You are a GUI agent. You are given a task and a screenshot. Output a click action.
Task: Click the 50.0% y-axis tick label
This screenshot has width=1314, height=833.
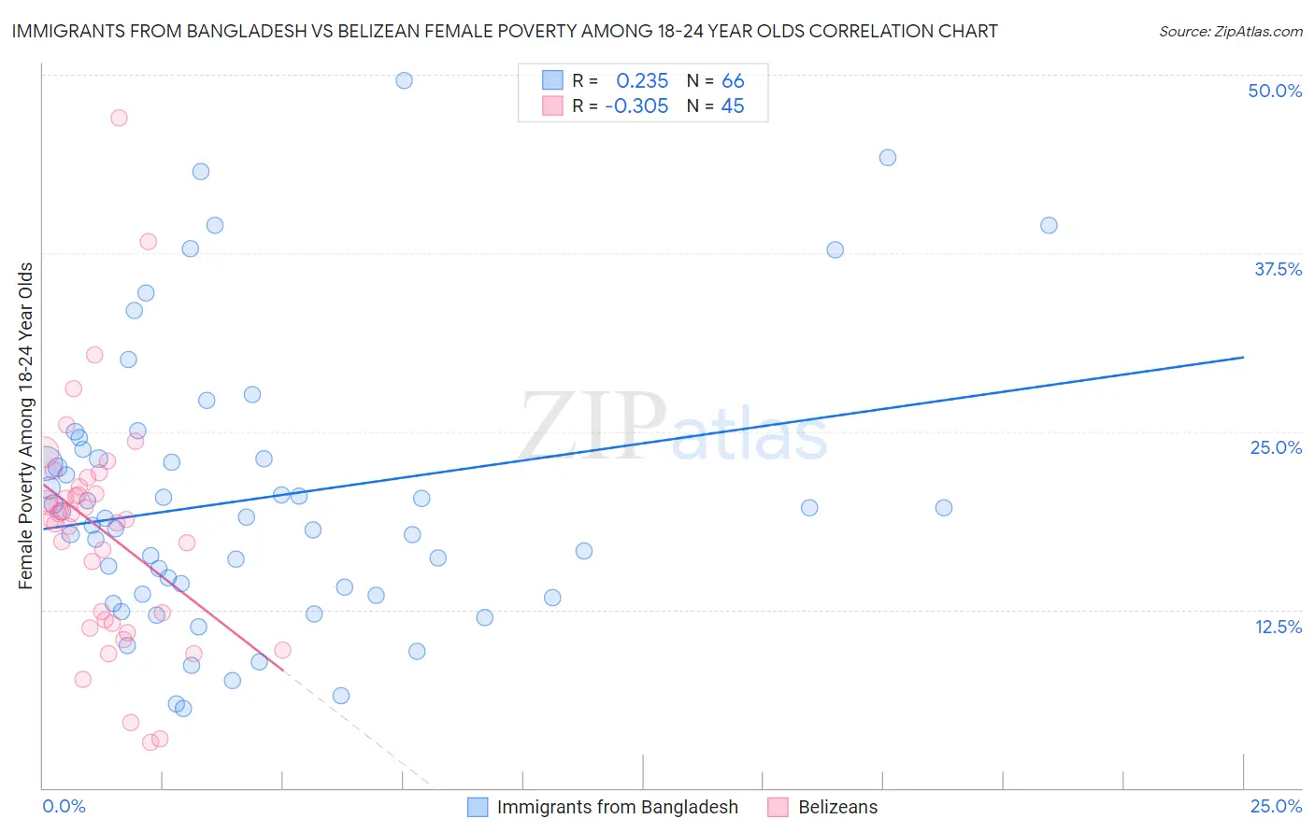1275,91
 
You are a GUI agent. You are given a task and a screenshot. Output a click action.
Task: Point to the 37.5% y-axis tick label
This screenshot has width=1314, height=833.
1278,269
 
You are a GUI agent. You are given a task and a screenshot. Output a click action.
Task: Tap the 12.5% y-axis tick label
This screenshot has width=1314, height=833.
1278,627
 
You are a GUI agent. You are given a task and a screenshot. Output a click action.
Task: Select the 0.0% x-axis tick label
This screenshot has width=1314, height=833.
64,807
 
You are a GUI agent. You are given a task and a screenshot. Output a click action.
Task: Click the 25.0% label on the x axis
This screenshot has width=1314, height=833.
1276,807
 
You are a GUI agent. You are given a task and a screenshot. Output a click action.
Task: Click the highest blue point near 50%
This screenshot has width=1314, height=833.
404,80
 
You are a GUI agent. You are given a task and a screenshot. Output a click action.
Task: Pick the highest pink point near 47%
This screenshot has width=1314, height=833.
119,118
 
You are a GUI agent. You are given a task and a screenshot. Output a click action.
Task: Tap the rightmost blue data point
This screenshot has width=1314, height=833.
1049,225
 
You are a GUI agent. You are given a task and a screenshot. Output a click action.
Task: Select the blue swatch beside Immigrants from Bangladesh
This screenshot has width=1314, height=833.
478,807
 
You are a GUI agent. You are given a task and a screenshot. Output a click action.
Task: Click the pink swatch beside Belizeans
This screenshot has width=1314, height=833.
778,807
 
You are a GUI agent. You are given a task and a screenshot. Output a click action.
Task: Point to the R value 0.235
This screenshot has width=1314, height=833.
642,81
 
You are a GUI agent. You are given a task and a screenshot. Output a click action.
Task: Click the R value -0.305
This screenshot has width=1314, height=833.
636,106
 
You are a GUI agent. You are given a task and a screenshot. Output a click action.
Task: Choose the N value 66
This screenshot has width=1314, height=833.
733,81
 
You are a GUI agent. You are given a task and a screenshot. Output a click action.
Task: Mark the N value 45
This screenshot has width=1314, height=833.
733,106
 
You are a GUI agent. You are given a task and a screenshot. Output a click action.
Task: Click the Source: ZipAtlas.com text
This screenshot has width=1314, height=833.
1230,31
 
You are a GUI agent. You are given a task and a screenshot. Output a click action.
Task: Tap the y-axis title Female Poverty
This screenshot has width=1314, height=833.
26,426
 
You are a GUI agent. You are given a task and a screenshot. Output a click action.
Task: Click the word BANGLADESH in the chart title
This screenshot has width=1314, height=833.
238,31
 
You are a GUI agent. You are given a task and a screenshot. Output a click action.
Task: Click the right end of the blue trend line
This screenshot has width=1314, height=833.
1243,357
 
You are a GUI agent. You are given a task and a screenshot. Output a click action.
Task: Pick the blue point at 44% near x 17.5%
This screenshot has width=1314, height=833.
888,158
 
